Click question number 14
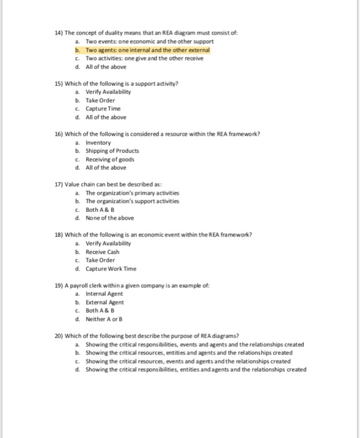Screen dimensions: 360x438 (59, 32)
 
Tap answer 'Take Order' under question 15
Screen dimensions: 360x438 (101, 99)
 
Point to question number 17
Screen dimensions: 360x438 (59, 185)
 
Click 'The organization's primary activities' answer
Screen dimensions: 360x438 (132, 193)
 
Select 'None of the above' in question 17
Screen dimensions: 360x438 (109, 218)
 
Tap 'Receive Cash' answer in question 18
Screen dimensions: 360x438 (102, 252)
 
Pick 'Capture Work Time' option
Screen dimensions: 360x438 (111, 269)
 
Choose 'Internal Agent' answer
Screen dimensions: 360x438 (104, 294)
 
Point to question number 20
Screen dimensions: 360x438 (59, 336)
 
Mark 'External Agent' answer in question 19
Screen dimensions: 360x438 (104, 302)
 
